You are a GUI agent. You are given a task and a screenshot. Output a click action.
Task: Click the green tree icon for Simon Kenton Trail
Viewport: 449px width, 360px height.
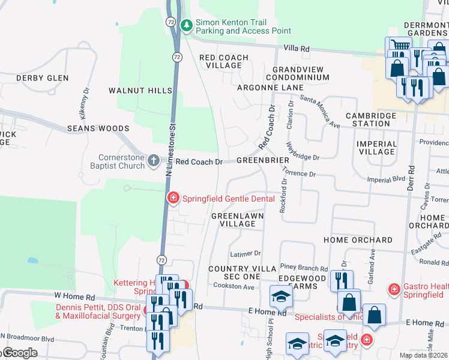[x=187, y=25]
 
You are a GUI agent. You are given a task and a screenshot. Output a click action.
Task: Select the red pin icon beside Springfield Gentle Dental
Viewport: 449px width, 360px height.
[x=173, y=197]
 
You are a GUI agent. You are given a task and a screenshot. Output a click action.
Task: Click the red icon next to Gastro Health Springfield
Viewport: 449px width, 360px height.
[x=394, y=290]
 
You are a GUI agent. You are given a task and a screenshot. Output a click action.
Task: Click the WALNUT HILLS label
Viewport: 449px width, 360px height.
[x=140, y=91]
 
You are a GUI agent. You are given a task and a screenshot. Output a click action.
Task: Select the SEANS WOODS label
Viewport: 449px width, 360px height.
[x=98, y=128]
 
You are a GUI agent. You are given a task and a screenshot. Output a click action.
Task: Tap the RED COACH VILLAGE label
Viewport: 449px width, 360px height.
[x=224, y=61]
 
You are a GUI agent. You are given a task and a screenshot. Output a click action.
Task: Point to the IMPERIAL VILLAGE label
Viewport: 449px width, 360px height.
[x=376, y=148]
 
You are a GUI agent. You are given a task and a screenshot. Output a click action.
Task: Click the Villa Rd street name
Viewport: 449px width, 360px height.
[x=297, y=49]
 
